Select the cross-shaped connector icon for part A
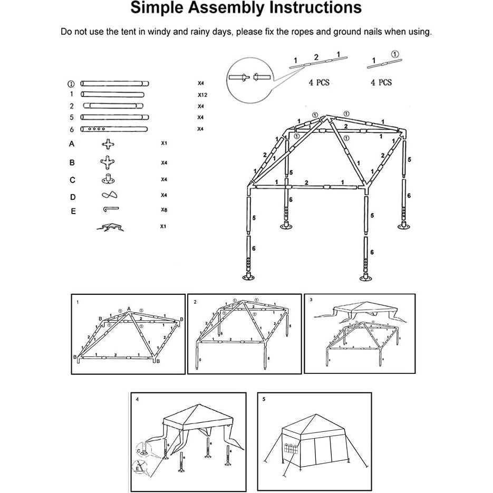coord(108,144)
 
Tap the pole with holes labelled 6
coord(114,129)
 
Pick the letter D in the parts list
coord(73,197)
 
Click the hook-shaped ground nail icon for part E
coord(110,209)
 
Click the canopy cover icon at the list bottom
coord(109,227)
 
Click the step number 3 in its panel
coord(311,300)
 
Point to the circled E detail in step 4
coord(139,467)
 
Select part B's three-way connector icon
coord(108,162)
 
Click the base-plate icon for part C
coord(108,180)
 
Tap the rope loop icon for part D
coord(109,195)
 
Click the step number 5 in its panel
coord(264,399)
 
